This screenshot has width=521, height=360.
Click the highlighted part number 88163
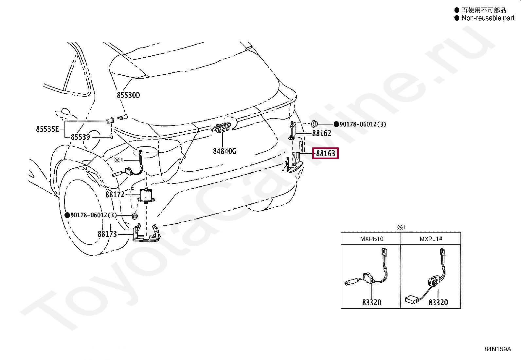pos(326,153)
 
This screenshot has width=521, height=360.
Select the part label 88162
pos(321,133)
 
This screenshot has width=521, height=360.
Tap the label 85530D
pos(128,95)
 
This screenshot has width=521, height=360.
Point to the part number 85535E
pos(47,129)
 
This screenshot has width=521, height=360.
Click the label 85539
pos(80,137)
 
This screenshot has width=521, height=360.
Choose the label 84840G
pos(225,151)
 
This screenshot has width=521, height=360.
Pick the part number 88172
pos(115,195)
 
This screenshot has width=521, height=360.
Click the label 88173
pos(107,234)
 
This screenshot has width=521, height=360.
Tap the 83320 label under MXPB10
pos(372,302)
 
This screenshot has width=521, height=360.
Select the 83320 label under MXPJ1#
pos(438,302)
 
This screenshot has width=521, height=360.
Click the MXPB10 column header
pos(371,239)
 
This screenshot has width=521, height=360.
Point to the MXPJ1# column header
pos(431,239)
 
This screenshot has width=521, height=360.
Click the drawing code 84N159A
pos(497,349)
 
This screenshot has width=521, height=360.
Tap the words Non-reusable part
pos(488,18)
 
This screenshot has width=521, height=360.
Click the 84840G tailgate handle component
pos(221,128)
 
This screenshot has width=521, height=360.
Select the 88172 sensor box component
pos(147,195)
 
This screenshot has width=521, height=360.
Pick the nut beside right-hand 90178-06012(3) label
pos(314,124)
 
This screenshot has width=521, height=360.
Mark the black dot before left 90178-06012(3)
pos(67,215)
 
